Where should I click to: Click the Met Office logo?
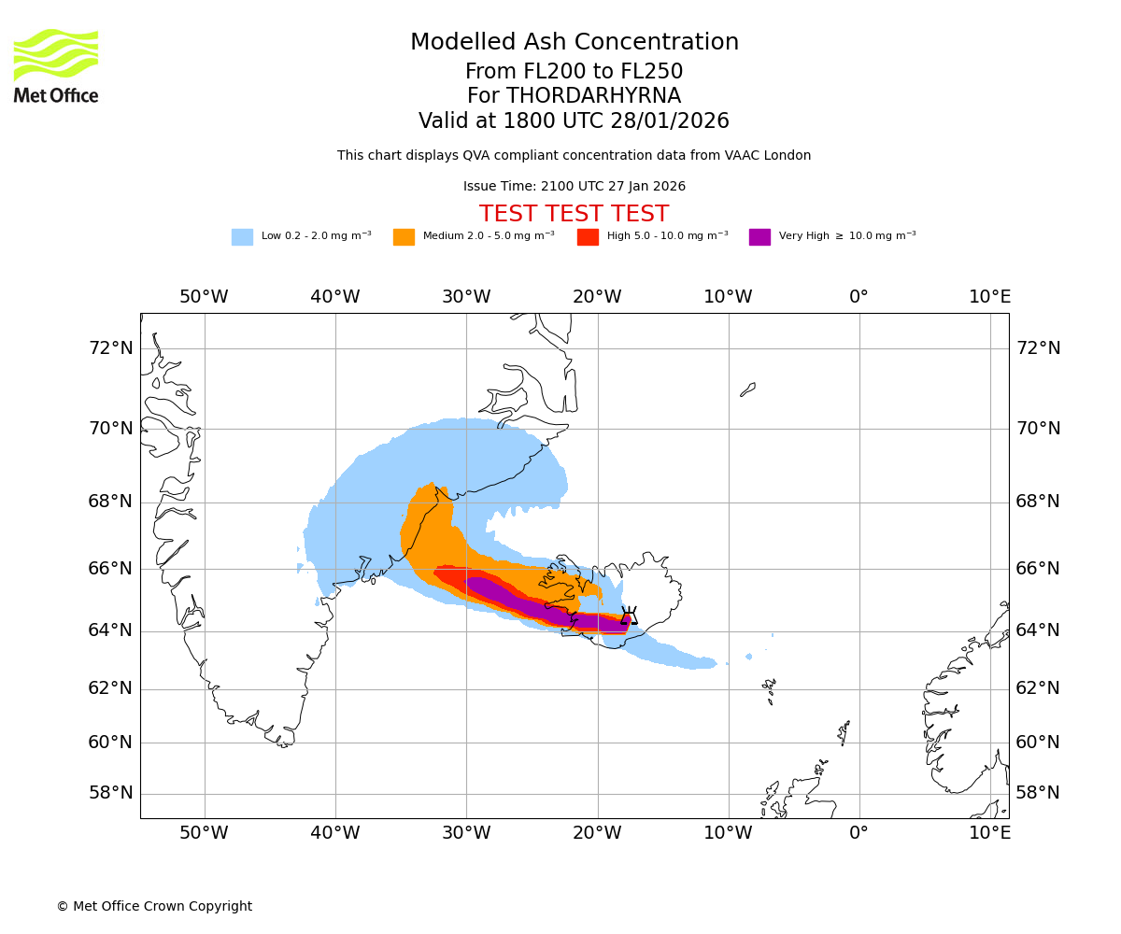point(56,65)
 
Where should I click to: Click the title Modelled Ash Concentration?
point(574,43)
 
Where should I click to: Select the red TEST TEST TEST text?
point(574,214)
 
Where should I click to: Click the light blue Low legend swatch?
point(242,237)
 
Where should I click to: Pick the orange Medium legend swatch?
point(404,237)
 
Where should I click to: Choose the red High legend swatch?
point(588,237)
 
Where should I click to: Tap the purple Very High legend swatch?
point(759,237)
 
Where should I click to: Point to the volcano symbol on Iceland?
point(629,616)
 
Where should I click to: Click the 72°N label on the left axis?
point(110,348)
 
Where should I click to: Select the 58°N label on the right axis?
point(1038,793)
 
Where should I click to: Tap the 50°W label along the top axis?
point(204,297)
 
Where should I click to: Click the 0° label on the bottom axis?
point(858,833)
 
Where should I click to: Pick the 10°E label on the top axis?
point(989,297)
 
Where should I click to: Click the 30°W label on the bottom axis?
point(465,833)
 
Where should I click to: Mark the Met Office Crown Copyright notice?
point(154,906)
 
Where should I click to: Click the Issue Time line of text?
point(574,187)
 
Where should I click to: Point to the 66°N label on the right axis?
point(1038,568)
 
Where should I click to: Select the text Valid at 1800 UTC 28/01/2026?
point(574,121)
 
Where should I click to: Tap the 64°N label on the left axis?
point(110,630)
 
